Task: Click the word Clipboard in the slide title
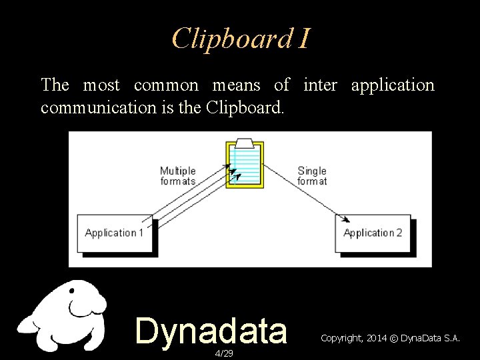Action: coord(231,39)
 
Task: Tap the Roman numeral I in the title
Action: coord(303,39)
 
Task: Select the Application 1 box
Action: coord(115,233)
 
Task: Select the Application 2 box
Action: coord(373,233)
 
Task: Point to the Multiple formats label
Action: coord(178,176)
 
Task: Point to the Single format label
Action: coord(312,176)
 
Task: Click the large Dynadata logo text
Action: coord(211,331)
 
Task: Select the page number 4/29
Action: coord(224,353)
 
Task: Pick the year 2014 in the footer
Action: coord(375,339)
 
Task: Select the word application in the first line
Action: coord(392,85)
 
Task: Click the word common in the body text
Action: coord(166,85)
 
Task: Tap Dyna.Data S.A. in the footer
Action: coord(430,339)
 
